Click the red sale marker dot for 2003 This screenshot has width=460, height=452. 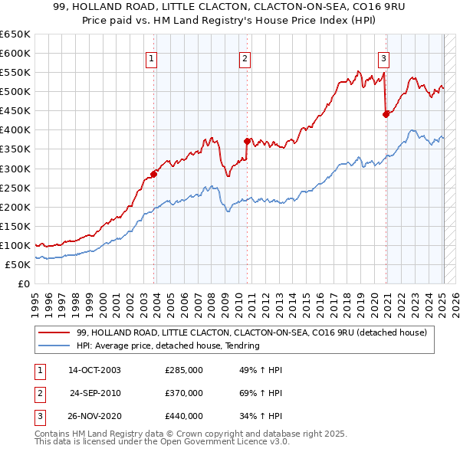click(x=154, y=174)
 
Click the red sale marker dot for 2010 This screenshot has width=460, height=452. click(x=247, y=141)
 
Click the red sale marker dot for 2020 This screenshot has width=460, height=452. click(x=386, y=114)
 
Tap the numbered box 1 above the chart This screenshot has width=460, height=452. click(x=152, y=58)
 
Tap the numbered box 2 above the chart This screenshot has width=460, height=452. click(x=245, y=58)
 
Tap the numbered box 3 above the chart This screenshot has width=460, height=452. click(x=383, y=58)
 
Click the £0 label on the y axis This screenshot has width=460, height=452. click(x=23, y=283)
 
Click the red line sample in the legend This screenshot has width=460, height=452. click(x=55, y=332)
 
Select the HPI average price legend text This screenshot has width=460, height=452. click(x=168, y=346)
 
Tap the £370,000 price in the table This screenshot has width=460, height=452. click(x=184, y=393)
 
